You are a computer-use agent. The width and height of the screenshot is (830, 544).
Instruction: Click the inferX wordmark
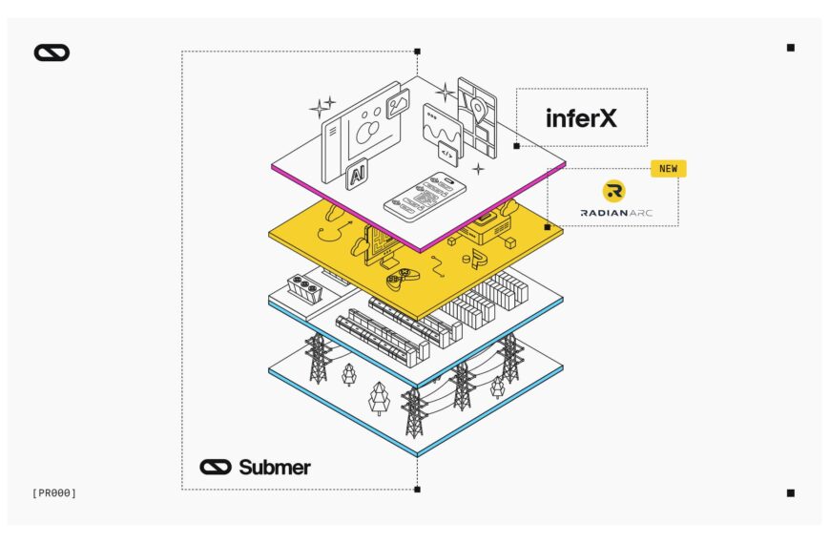(581, 117)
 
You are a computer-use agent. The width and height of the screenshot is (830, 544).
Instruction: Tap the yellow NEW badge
(668, 169)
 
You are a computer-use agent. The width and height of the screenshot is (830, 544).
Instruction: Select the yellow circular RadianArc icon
(613, 190)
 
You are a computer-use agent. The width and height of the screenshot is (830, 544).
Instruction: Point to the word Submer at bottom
(274, 467)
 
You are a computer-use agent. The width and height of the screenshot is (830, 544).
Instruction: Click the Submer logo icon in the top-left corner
(52, 52)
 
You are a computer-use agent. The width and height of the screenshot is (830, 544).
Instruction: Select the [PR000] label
(53, 492)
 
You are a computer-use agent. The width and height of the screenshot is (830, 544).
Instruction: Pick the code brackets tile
(447, 152)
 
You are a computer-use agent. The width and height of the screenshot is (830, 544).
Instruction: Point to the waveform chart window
(441, 125)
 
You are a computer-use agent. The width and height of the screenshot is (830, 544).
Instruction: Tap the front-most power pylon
(413, 410)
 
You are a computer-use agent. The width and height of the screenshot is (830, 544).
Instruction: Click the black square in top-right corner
(790, 48)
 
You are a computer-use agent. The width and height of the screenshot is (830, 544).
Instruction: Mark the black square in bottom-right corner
(790, 492)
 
